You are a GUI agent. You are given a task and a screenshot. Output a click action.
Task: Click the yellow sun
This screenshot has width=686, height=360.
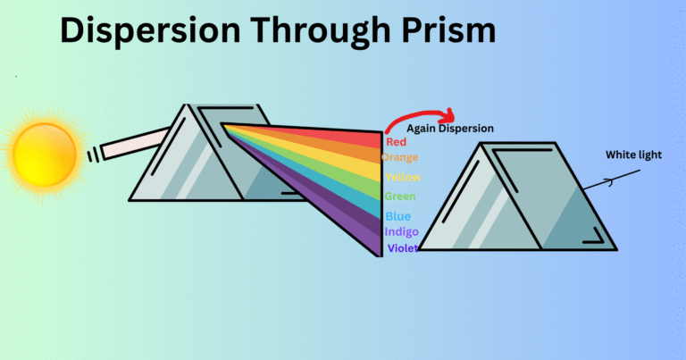click(x=44, y=155)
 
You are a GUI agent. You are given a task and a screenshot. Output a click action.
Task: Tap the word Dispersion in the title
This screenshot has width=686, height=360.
click(x=150, y=30)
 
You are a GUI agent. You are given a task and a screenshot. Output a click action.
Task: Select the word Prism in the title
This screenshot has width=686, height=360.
click(x=448, y=29)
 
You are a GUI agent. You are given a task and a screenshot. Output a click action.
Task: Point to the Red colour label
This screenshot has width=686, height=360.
click(x=396, y=142)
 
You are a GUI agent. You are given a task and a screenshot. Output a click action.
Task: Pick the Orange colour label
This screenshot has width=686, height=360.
click(x=399, y=157)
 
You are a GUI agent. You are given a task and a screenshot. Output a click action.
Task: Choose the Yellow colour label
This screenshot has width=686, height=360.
click(x=403, y=177)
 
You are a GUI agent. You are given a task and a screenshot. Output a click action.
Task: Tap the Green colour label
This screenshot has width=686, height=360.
click(x=400, y=197)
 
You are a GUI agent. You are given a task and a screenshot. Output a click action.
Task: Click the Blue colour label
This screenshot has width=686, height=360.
click(x=398, y=216)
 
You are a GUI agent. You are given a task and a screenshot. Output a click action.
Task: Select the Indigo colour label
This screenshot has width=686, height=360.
click(x=402, y=232)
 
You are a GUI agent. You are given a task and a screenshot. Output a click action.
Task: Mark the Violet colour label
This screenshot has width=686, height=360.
click(x=403, y=248)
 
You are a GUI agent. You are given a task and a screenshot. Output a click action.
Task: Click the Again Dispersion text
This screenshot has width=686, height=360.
click(x=450, y=129)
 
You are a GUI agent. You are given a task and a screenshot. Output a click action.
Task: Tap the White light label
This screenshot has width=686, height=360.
click(x=634, y=155)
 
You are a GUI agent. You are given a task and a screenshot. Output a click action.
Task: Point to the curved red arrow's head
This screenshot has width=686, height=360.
click(x=448, y=116)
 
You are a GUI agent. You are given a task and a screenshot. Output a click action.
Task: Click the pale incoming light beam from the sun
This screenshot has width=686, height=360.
click(x=136, y=143)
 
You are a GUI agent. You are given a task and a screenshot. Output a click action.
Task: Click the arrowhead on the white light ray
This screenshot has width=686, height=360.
click(x=609, y=181)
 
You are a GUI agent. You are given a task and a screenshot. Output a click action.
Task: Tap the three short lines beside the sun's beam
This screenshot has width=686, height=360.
click(x=93, y=155)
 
